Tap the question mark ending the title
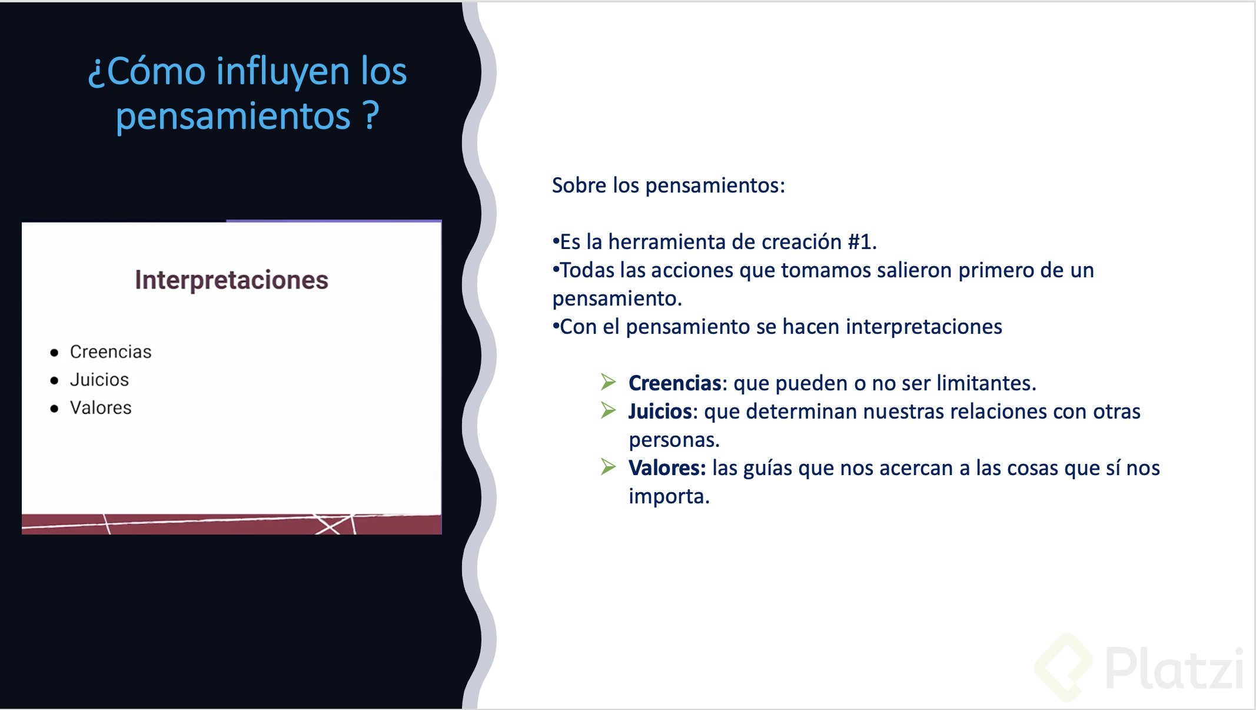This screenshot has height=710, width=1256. pyautogui.click(x=371, y=115)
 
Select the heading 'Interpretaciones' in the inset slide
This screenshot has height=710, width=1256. pyautogui.click(x=231, y=280)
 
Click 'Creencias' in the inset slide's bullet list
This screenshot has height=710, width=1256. pyautogui.click(x=111, y=351)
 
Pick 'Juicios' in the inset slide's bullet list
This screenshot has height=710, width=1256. pyautogui.click(x=99, y=380)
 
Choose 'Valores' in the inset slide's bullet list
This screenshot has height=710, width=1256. pyautogui.click(x=101, y=407)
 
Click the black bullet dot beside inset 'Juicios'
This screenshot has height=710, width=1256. pyautogui.click(x=55, y=381)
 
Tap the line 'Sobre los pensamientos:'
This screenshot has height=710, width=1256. pyautogui.click(x=669, y=185)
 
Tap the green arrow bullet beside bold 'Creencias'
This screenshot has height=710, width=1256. pyautogui.click(x=609, y=382)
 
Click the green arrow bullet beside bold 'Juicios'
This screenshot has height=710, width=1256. pyautogui.click(x=609, y=410)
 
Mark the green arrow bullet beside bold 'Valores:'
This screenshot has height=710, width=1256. pyautogui.click(x=609, y=467)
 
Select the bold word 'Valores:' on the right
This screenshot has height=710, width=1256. pyautogui.click(x=667, y=468)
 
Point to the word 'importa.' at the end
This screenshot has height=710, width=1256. pyautogui.click(x=669, y=497)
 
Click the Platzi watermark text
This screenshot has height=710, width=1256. pyautogui.click(x=1175, y=668)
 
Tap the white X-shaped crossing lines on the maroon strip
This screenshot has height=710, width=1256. pyautogui.click(x=334, y=524)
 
